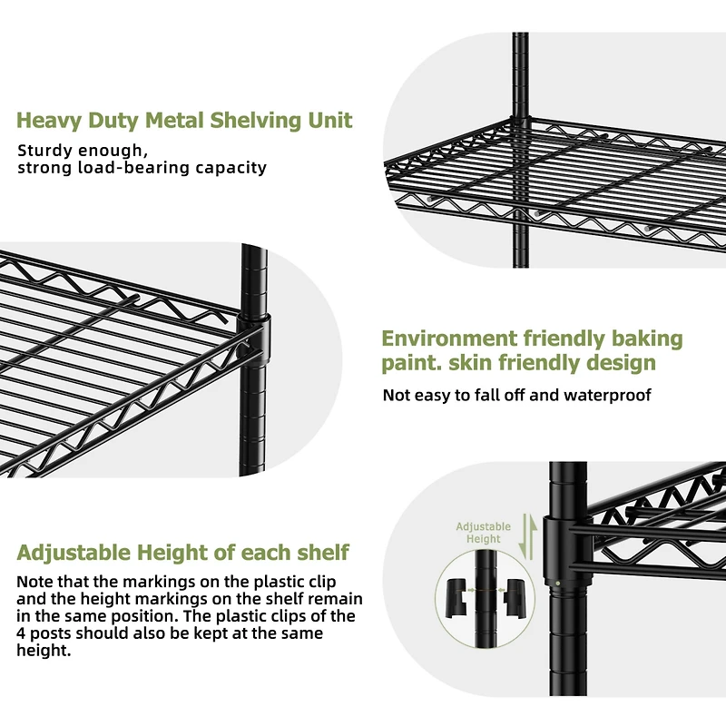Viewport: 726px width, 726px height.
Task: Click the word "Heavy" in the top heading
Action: pyautogui.click(x=48, y=121)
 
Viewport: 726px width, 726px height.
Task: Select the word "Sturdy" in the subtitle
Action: pyautogui.click(x=44, y=151)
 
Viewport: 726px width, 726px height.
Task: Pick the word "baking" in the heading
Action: pyautogui.click(x=646, y=338)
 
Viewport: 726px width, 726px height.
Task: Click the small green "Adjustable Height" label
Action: pyautogui.click(x=483, y=533)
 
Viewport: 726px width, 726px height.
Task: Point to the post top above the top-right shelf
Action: pyautogui.click(x=520, y=41)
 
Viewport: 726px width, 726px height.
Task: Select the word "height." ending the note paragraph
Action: pyautogui.click(x=43, y=651)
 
